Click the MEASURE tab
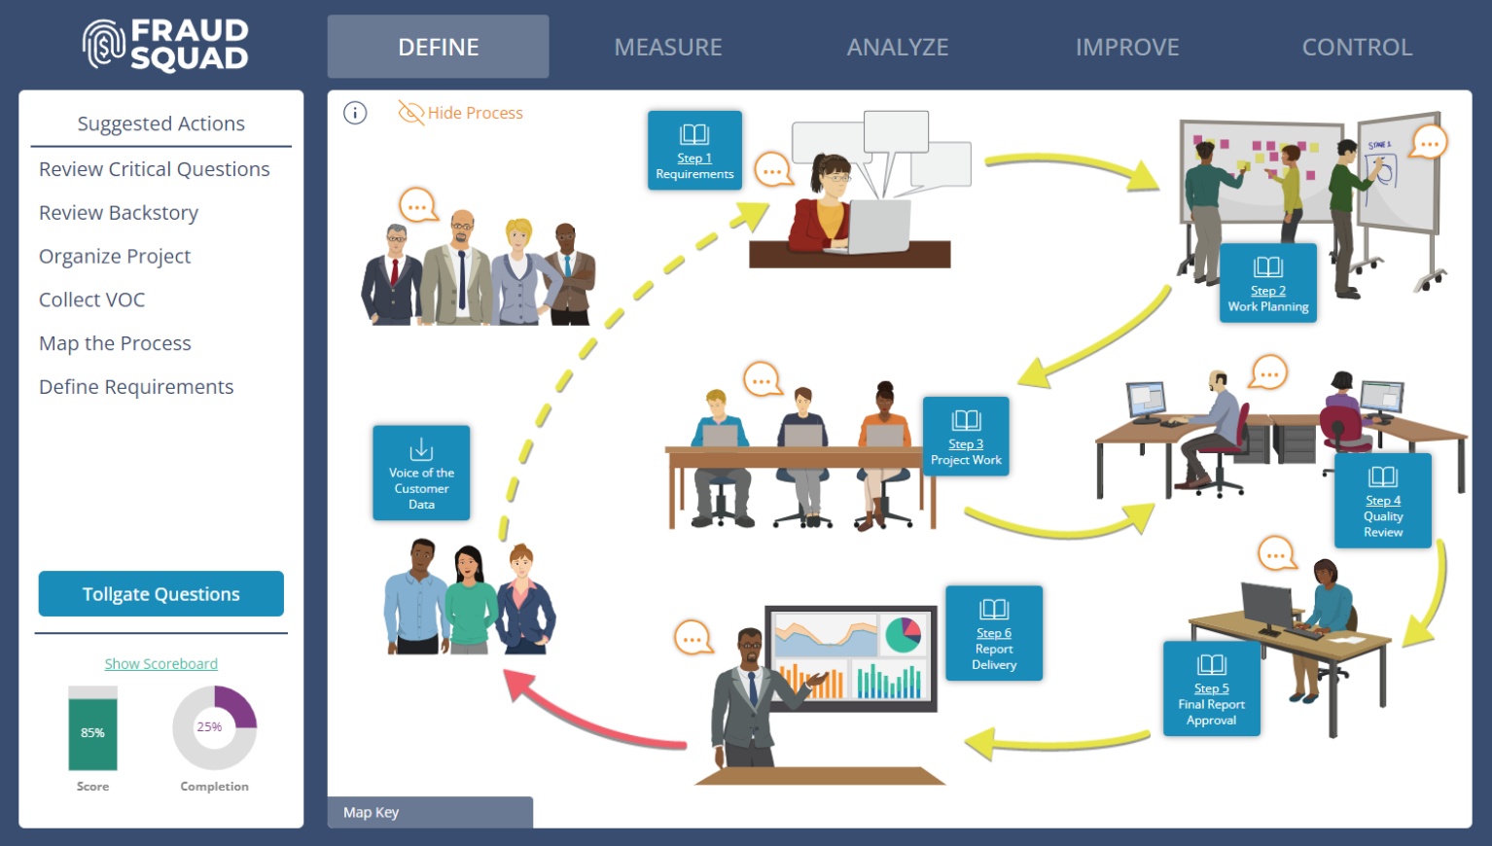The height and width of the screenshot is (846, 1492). (x=667, y=47)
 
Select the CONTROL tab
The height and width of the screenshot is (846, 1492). (x=1356, y=47)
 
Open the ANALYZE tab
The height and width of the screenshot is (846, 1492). (x=897, y=47)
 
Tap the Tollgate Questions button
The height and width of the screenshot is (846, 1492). (x=161, y=594)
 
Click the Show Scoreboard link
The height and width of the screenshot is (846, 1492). (x=161, y=664)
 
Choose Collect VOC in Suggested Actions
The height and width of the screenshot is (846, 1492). (x=91, y=300)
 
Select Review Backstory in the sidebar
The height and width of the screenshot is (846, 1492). (x=119, y=213)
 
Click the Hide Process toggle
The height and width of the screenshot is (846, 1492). (x=461, y=113)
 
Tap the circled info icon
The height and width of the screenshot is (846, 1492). (x=355, y=114)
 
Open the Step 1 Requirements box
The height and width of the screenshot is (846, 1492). (x=694, y=150)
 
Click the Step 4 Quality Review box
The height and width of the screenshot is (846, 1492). (x=1382, y=501)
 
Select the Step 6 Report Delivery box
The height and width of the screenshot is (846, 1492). (x=993, y=633)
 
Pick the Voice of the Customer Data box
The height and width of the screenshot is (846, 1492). (x=421, y=473)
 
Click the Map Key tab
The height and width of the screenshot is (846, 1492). (x=430, y=812)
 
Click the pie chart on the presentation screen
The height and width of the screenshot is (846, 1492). (x=904, y=635)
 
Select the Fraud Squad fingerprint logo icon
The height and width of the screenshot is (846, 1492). (x=103, y=45)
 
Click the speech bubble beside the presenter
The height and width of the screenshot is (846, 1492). (x=693, y=638)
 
